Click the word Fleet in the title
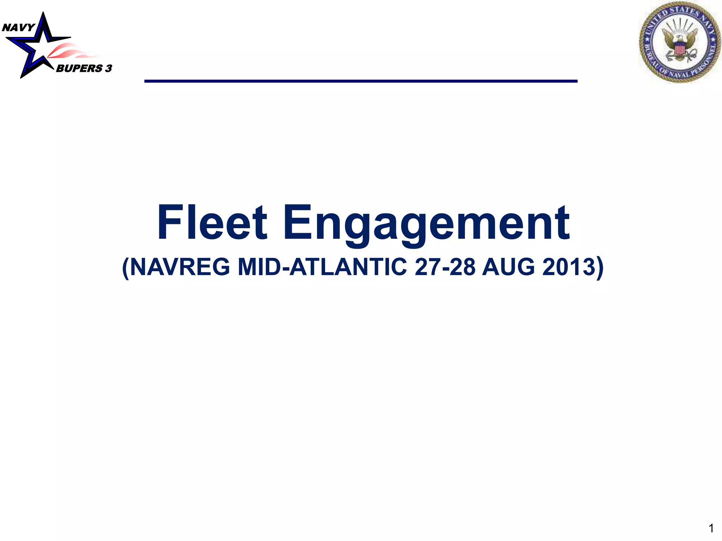click(212, 223)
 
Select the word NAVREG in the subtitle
click(180, 267)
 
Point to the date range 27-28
click(445, 267)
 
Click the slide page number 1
click(711, 528)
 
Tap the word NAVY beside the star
click(18, 27)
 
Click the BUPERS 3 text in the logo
click(84, 68)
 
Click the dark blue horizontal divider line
click(361, 81)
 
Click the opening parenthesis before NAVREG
click(126, 268)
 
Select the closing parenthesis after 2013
click(600, 268)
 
